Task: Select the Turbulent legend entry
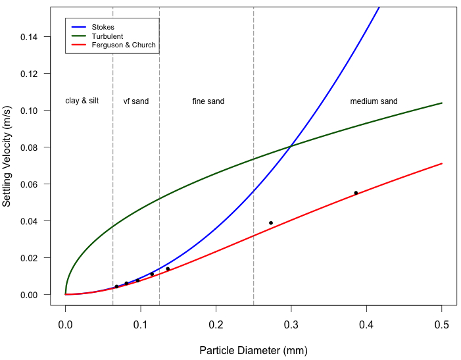[x=107, y=36]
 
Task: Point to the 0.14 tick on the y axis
[x=29, y=37]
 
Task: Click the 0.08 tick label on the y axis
[x=29, y=147]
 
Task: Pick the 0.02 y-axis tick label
[x=29, y=258]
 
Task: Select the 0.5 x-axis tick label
[x=442, y=324]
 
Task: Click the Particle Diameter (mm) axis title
[x=253, y=350]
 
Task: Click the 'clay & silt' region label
[x=82, y=101]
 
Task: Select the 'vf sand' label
[x=136, y=101]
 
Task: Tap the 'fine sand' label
[x=208, y=101]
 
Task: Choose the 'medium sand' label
[x=374, y=101]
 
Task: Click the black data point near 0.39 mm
[x=356, y=193]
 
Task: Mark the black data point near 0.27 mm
[x=271, y=223]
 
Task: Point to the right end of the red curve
[x=442, y=163]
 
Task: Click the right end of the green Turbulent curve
[x=442, y=103]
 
